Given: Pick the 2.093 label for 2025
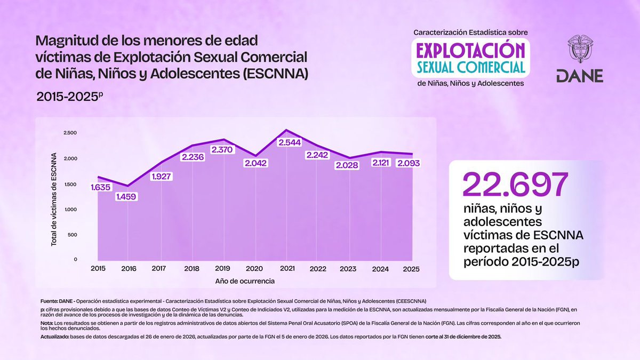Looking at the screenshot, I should [409, 163].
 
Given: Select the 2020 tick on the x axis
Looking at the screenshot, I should [254, 268].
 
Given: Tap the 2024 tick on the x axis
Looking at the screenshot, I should [380, 268].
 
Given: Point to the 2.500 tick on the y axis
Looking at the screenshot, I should [70, 133].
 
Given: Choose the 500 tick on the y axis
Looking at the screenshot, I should [72, 235].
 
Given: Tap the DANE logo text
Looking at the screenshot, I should [579, 76].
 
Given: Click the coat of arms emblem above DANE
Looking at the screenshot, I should [579, 50].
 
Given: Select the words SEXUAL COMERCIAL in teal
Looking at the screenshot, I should [470, 67].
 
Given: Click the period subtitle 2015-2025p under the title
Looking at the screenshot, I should [69, 97].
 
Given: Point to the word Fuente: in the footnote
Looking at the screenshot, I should [50, 301].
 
